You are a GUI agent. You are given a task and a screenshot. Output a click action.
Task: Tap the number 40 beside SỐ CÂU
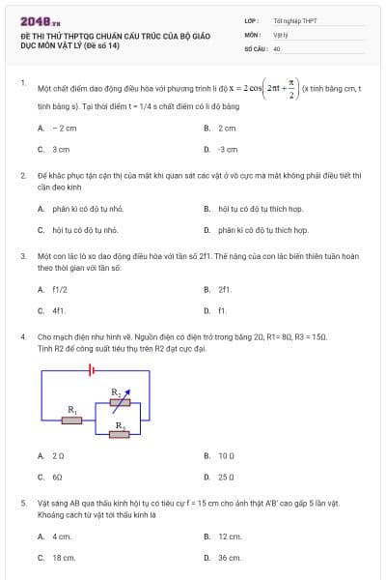pyautogui.click(x=277, y=47)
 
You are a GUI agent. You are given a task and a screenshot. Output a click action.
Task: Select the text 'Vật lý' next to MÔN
pyautogui.click(x=281, y=33)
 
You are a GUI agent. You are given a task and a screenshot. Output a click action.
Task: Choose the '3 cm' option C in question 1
pyautogui.click(x=61, y=150)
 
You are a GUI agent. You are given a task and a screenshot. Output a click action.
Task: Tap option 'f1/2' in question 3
pyautogui.click(x=60, y=288)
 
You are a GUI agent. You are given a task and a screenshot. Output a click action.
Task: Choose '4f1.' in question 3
pyautogui.click(x=59, y=310)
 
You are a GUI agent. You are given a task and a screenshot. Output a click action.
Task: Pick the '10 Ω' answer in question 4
pyautogui.click(x=227, y=454)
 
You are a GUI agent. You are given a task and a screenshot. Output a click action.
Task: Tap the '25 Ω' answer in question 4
pyautogui.click(x=227, y=477)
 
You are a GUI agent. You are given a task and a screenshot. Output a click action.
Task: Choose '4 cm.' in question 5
pyautogui.click(x=62, y=536)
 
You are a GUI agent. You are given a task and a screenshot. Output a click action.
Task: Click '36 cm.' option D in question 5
pyautogui.click(x=230, y=558)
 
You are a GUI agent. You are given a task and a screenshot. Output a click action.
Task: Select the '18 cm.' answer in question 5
pyautogui.click(x=64, y=558)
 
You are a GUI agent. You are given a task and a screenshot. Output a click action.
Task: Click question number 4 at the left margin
pyautogui.click(x=22, y=336)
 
